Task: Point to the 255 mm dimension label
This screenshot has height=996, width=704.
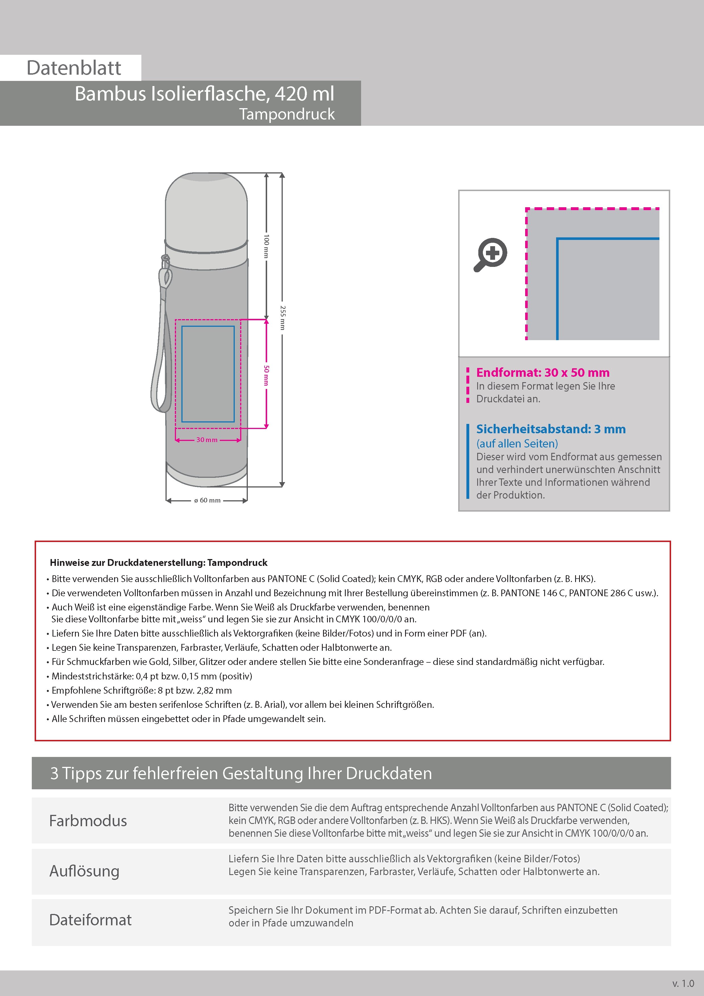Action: (282, 317)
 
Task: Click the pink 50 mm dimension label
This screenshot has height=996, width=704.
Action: (266, 375)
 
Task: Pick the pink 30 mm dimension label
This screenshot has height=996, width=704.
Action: (207, 440)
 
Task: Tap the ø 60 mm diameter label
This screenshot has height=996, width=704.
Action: (207, 500)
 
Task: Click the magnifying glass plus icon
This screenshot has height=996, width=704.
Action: (491, 255)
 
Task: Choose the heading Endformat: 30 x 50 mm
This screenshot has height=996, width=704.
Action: (543, 373)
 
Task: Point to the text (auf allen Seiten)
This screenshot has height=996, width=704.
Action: (517, 443)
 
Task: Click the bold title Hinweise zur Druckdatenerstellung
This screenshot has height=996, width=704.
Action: (158, 563)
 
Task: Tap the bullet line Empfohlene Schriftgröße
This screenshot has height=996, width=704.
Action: (141, 690)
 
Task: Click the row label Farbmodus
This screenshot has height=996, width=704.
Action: (88, 821)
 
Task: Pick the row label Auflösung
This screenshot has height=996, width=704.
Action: (85, 871)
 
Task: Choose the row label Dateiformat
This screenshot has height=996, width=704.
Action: (90, 920)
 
